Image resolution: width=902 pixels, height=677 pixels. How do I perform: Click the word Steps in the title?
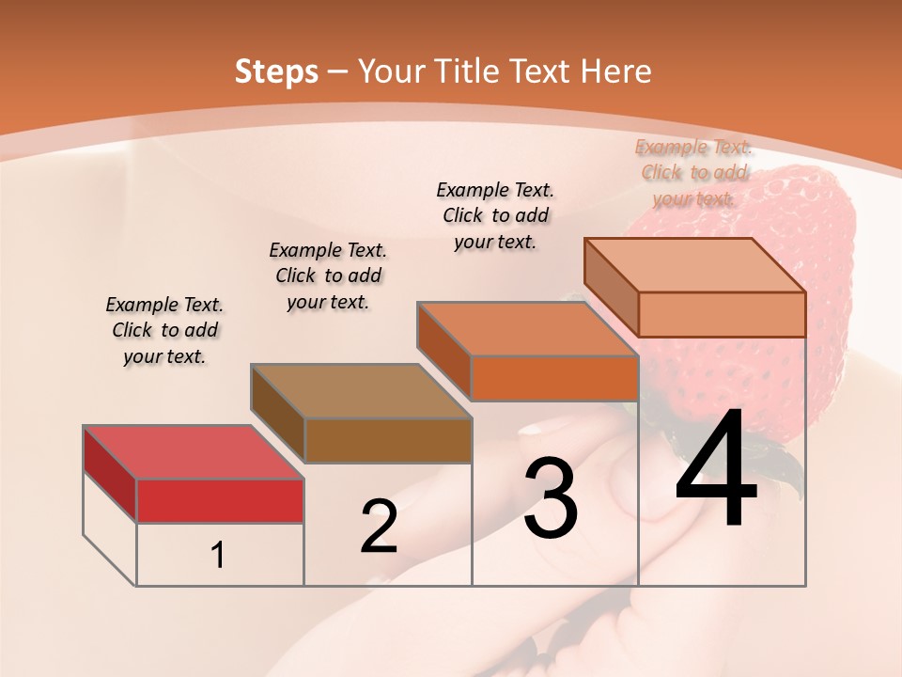tap(276, 71)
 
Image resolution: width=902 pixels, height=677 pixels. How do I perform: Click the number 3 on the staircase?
tap(550, 498)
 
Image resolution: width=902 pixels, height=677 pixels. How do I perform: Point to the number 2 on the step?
tap(379, 527)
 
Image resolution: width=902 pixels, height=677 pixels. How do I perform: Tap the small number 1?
tap(218, 555)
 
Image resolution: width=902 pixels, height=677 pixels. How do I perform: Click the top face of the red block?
tap(193, 452)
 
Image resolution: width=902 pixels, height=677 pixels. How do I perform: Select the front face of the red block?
tap(220, 500)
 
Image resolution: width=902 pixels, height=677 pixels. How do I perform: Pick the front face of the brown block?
tap(388, 440)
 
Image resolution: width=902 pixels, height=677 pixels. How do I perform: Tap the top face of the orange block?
tap(527, 329)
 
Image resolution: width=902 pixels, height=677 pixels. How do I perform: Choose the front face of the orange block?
tap(554, 378)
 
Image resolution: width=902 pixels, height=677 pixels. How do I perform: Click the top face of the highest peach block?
tap(694, 265)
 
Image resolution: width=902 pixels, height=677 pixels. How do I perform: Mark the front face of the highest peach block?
tap(722, 314)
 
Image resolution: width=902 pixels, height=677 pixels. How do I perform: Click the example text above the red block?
tap(164, 331)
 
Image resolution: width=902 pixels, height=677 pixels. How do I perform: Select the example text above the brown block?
tap(328, 276)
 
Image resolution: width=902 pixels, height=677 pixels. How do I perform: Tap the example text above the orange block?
tap(495, 215)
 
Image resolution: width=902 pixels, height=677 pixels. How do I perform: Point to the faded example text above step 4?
tap(693, 172)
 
